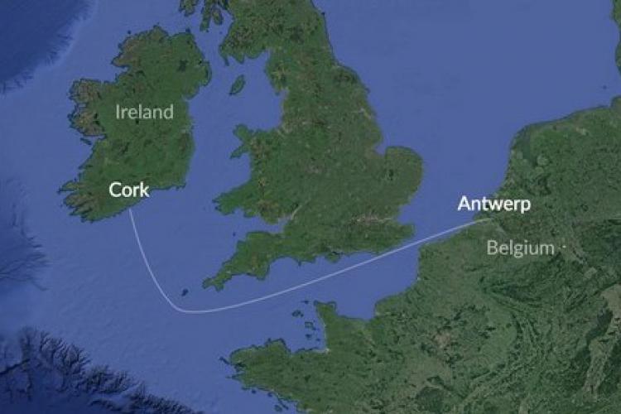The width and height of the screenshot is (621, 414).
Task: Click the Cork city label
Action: [129, 190]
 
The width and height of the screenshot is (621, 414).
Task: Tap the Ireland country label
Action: [145, 112]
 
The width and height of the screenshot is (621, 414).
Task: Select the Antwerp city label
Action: [494, 204]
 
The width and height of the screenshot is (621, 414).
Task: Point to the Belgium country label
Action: [520, 247]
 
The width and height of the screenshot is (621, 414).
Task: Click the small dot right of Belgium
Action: [564, 246]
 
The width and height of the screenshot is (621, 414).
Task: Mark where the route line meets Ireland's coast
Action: [131, 210]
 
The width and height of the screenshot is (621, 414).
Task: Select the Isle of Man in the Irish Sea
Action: [238, 84]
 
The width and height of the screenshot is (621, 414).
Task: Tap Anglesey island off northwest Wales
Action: [246, 132]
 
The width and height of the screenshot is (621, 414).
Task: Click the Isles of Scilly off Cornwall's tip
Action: [184, 291]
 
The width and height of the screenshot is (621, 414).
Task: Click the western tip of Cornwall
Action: [207, 283]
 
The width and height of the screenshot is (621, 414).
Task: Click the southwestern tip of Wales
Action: [217, 200]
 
